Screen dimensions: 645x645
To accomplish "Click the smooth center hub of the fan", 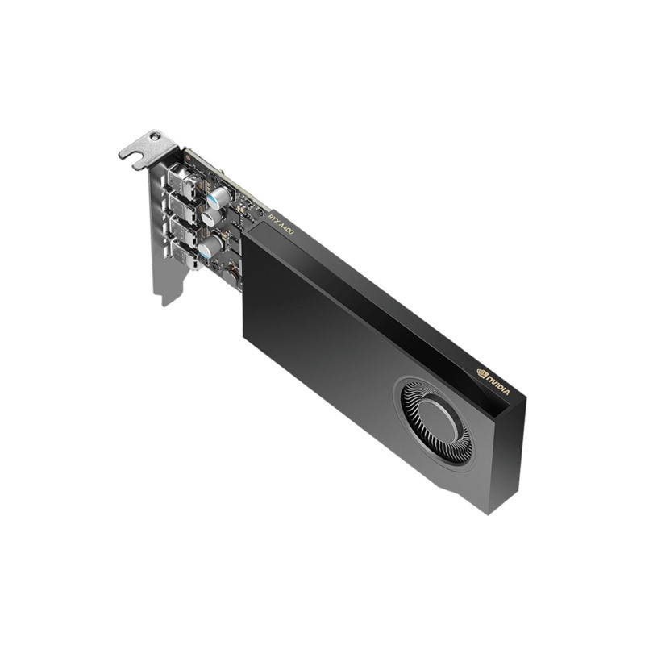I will click(x=439, y=420).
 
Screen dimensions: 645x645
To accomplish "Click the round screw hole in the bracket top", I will click(x=152, y=139).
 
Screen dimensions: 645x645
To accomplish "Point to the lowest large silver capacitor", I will click(x=209, y=247).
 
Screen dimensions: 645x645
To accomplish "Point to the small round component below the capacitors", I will click(x=231, y=276).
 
